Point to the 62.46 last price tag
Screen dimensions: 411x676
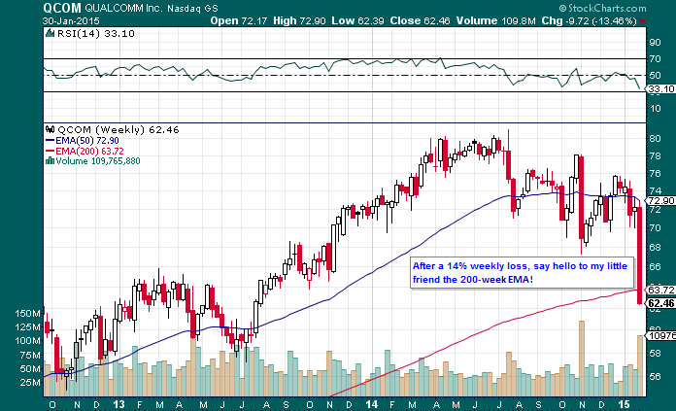point(660,303)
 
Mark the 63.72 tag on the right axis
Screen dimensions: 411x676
point(660,291)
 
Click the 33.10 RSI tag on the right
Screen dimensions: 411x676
point(660,88)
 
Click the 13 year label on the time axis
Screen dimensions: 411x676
point(118,401)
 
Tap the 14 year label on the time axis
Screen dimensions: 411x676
point(374,401)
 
